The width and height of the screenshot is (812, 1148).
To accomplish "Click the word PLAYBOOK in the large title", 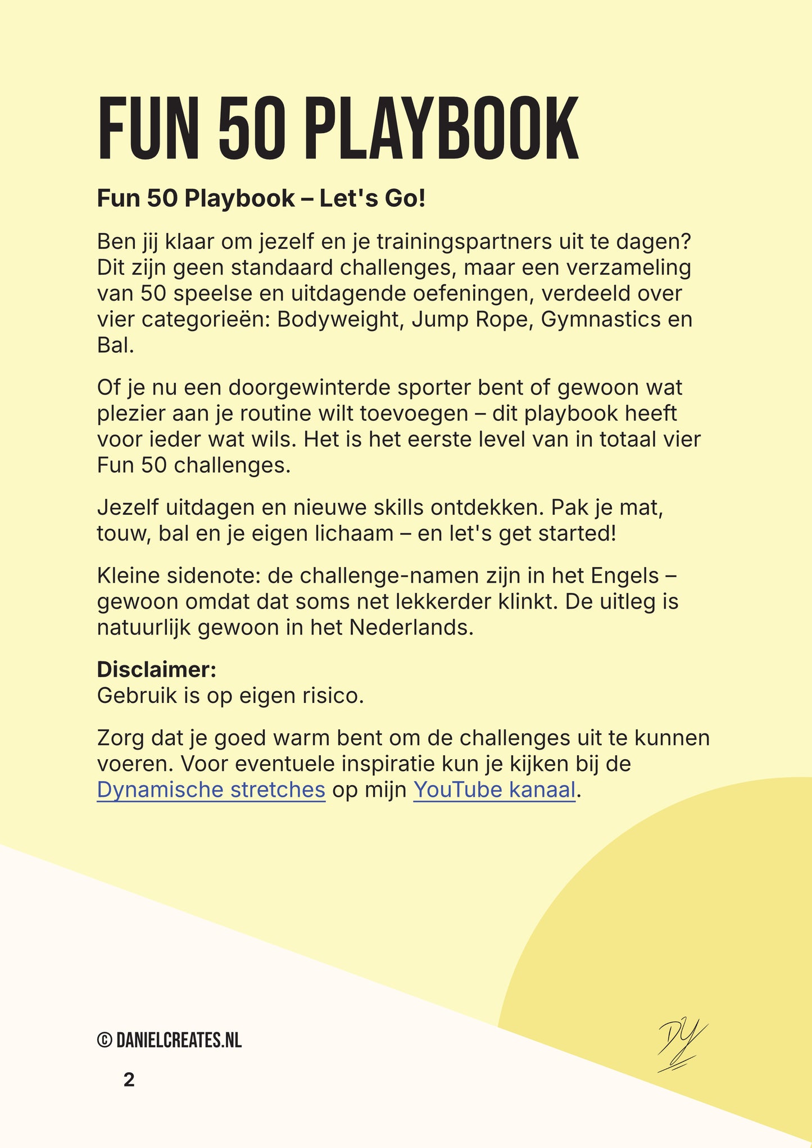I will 443,130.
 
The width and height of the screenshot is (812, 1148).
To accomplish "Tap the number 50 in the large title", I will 251,130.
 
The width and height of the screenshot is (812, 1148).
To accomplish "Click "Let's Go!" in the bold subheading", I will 373,198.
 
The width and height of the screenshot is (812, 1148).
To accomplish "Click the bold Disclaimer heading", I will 156,670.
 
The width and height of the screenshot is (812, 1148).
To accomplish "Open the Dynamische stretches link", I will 211,790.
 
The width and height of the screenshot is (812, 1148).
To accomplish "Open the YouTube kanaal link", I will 495,790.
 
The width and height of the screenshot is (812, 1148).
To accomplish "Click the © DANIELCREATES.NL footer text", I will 169,1041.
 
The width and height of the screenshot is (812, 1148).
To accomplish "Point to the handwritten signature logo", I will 682,1045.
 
